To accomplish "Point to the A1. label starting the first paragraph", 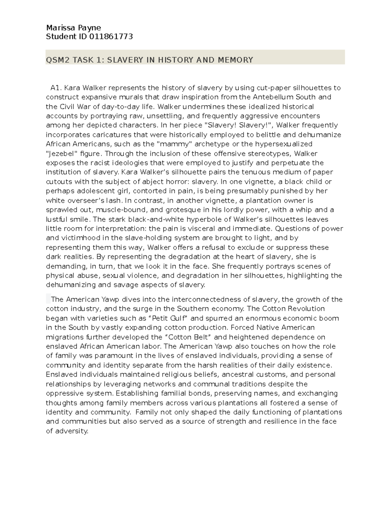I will point(56,88).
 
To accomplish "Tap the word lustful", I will point(56,219).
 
